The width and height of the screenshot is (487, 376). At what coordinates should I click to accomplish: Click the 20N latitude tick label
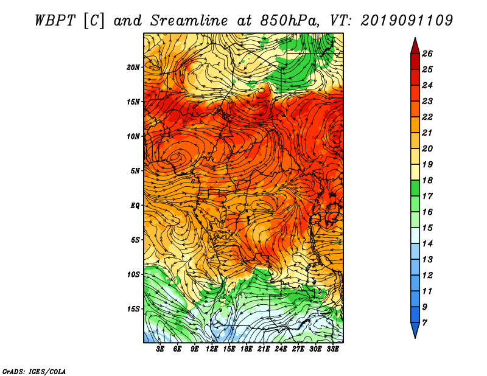[133, 68]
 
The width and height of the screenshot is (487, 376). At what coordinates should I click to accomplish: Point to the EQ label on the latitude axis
[135, 206]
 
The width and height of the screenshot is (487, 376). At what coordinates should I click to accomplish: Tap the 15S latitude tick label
[133, 309]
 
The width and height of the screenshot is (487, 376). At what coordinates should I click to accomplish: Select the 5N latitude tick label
[135, 171]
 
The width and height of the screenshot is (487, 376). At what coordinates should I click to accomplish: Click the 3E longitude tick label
[160, 349]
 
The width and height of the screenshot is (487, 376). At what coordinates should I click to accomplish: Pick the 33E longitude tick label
[332, 349]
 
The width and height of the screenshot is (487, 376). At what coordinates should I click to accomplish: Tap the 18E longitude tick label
[247, 349]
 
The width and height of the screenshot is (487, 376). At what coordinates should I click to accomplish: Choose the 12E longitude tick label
[212, 349]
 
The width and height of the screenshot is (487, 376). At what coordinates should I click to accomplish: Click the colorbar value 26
[427, 54]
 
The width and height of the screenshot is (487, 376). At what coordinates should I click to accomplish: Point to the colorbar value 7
[424, 323]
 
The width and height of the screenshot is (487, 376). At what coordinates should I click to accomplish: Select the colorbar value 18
[427, 180]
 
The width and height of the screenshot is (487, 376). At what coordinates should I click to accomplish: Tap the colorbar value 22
[427, 117]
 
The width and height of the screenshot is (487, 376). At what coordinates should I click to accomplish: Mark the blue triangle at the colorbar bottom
[415, 329]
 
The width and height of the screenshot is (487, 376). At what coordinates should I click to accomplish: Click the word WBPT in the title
[55, 21]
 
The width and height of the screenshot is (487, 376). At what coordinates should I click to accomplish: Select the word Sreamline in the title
[189, 21]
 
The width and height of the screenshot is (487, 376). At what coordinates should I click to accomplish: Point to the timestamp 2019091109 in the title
[407, 21]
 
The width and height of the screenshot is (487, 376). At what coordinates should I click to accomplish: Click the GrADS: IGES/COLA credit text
[34, 372]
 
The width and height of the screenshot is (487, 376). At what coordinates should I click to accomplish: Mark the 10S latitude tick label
[133, 274]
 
